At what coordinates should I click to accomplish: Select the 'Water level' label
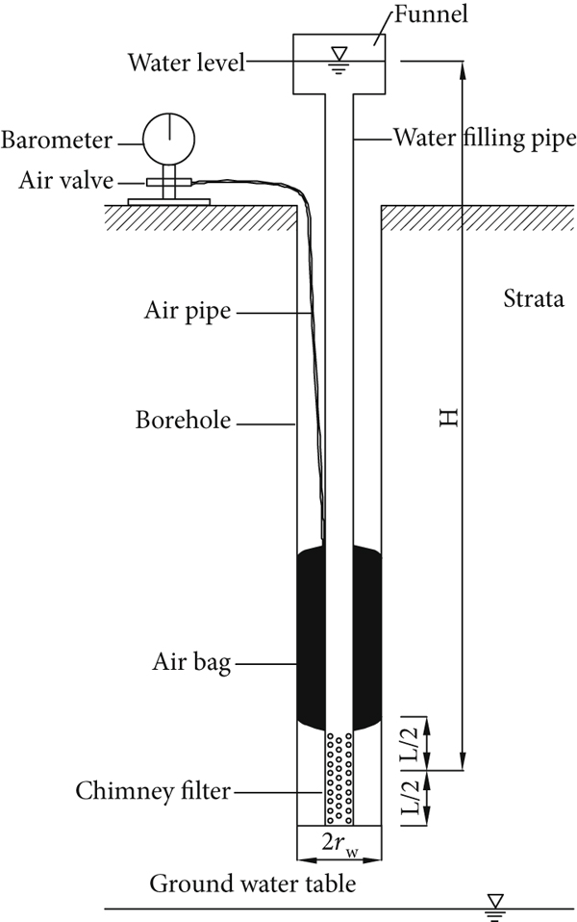[187, 64]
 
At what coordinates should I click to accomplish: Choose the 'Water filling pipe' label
[484, 138]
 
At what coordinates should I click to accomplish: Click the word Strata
[533, 299]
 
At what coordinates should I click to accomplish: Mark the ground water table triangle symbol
[497, 902]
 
